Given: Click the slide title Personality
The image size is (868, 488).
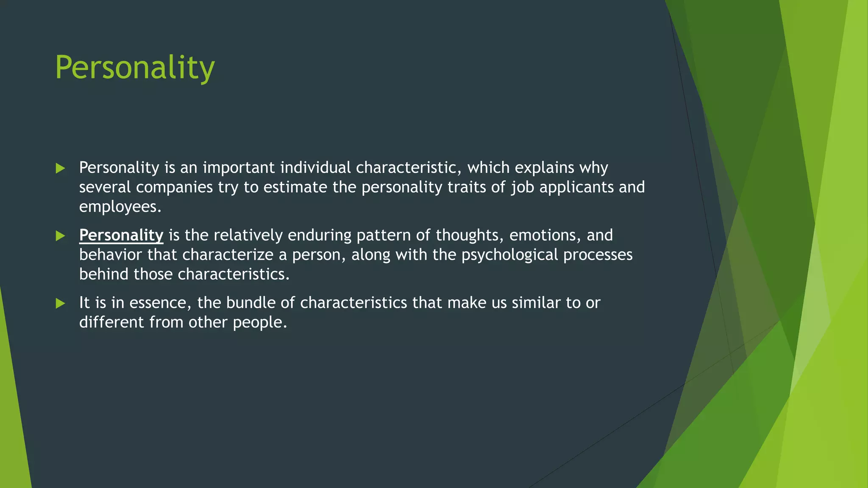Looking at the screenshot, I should pos(135,68).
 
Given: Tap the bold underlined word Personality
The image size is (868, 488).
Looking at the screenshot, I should pos(121,235).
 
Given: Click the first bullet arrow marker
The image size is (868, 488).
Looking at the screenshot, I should pos(60,169).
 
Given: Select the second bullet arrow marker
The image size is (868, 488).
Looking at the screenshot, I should pos(60,236).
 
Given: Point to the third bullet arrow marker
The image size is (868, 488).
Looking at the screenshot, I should pos(60,303).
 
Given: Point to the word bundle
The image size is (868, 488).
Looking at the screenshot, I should pos(250,303).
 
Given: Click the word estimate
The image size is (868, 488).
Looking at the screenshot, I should pos(295,187).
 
